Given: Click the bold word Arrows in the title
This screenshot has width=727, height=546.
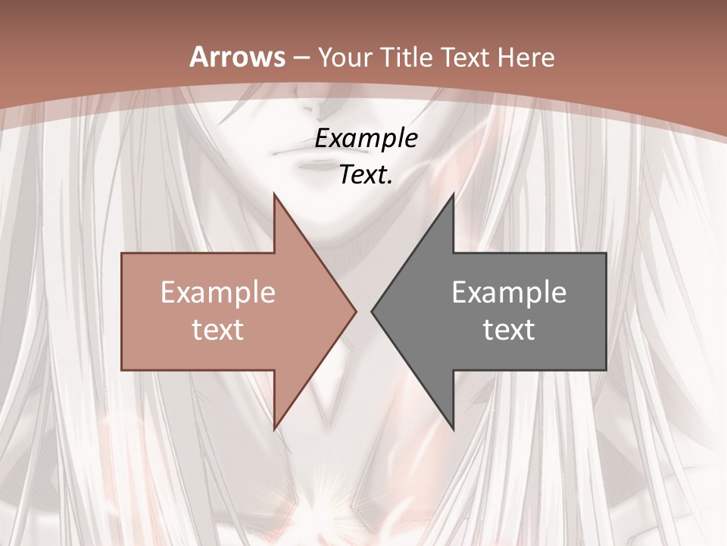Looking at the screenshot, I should click(237, 57).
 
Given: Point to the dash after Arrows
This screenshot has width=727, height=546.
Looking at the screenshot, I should click(301, 58).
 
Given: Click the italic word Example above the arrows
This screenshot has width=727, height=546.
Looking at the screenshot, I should click(366, 139).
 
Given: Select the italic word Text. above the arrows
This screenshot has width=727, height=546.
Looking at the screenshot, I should click(366, 174).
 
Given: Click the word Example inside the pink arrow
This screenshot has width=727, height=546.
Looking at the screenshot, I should click(218, 293).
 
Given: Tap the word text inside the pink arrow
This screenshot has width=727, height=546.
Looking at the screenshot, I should click(218, 329).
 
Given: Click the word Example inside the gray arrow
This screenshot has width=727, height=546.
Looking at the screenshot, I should click(509, 293).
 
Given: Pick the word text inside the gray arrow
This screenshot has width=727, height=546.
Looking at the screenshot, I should click(509, 329).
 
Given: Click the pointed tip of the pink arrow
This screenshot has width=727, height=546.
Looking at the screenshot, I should click(356, 311).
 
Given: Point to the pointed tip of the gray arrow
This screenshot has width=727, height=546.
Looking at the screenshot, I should click(372, 311).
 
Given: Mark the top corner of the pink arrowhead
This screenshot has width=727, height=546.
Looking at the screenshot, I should click(275, 194).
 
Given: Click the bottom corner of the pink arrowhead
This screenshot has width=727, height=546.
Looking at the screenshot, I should click(275, 429).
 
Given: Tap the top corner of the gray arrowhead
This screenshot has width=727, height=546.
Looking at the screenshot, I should click(453, 194).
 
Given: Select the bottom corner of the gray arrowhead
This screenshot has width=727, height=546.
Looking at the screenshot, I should click(453, 429).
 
